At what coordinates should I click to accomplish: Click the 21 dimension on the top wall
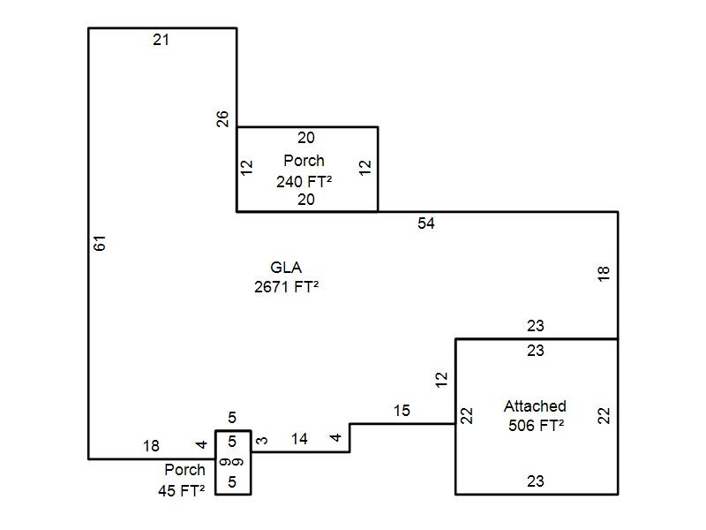coord(161,39)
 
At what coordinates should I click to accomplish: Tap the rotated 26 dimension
coord(224,118)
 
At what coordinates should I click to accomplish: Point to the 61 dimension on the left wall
coord(100,243)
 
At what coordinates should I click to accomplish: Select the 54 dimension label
coord(426,223)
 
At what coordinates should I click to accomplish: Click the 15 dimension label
coord(402,411)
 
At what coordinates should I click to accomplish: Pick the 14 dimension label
coord(299,439)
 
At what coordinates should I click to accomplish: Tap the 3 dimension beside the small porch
coord(261,440)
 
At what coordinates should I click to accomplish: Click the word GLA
coord(286,268)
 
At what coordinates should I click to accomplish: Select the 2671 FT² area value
coord(286,286)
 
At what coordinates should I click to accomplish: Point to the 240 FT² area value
coord(304,180)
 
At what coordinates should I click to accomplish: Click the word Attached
coord(535,406)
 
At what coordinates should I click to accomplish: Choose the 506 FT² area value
coord(536,425)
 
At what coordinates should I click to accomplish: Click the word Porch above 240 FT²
coord(304,161)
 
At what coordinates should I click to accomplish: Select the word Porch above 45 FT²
coord(185,470)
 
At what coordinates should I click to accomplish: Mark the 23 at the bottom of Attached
coord(536,481)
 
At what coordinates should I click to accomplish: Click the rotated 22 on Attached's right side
coord(605,415)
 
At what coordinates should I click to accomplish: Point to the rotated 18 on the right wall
coord(605,274)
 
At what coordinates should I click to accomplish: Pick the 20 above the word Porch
coord(305,138)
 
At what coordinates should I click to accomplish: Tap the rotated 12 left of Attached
coord(442,380)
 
